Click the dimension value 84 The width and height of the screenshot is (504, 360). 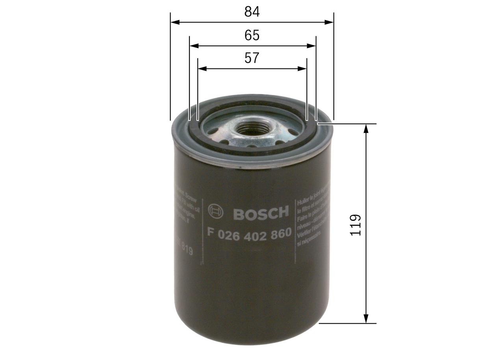[252, 12]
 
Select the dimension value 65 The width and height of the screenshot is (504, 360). [252, 35]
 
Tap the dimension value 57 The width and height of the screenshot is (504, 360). [252, 58]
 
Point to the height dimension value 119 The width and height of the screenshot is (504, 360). [356, 225]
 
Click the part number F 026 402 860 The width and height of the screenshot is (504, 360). [249, 233]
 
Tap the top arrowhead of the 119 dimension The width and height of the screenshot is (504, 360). [367, 128]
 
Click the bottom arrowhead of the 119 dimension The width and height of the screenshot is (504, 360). [367, 319]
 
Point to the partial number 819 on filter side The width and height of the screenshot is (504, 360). [185, 250]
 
